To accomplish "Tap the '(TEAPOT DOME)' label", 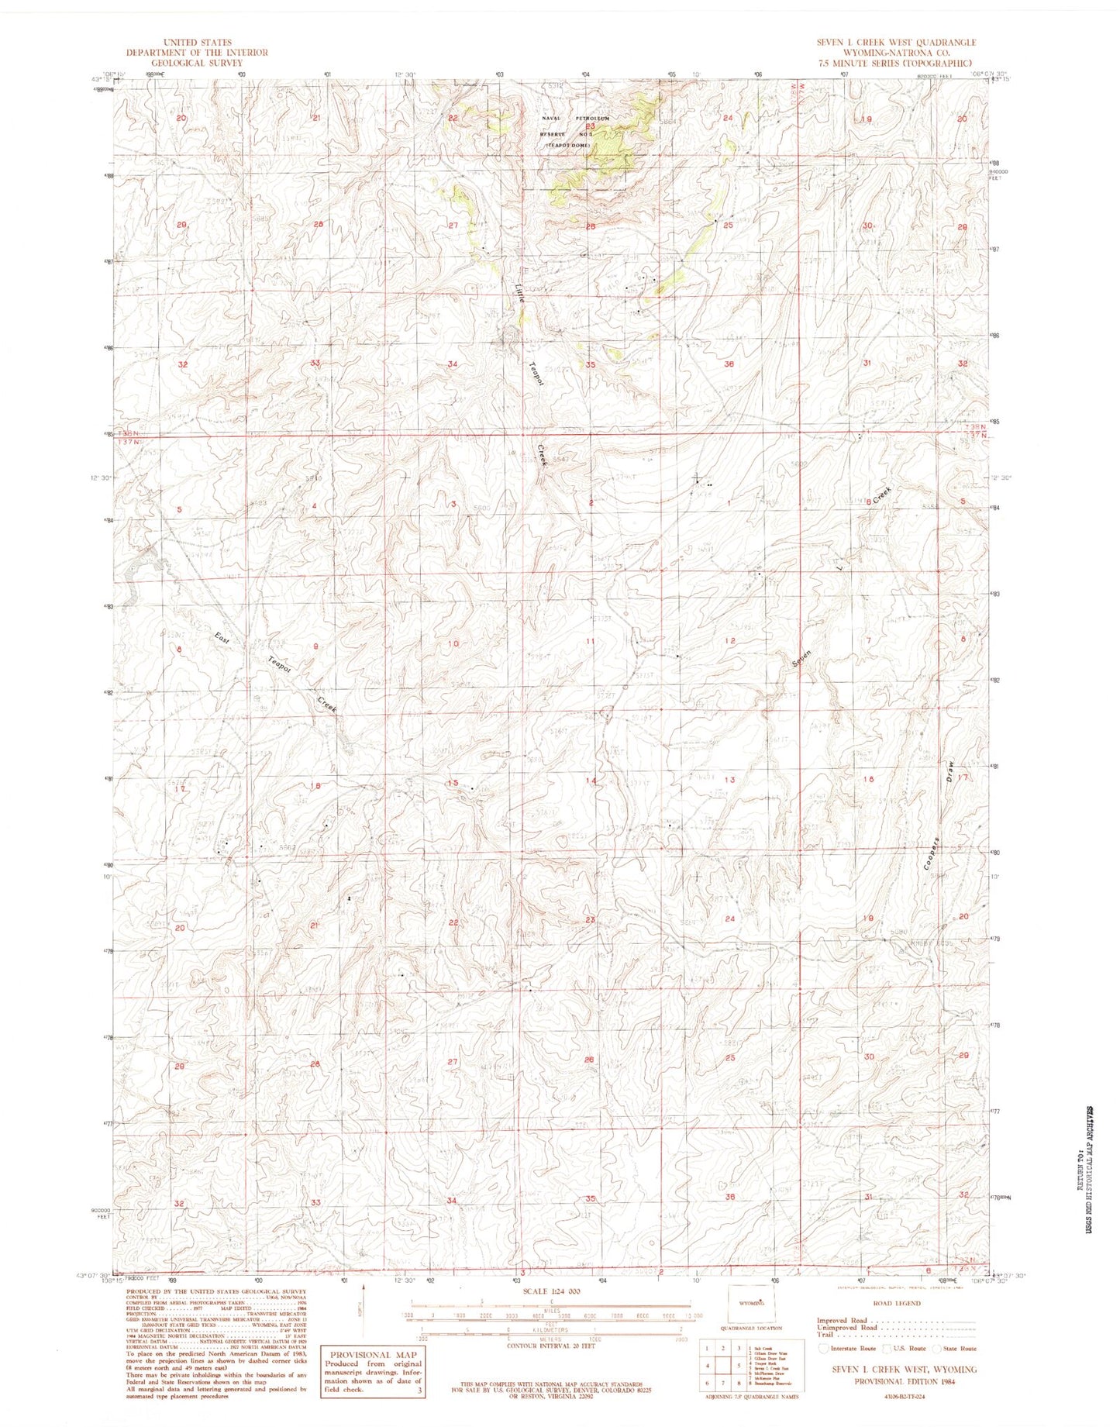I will coord(567,145).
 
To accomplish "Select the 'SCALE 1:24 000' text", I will coord(552,1291).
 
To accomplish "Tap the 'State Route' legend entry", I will coord(959,1348).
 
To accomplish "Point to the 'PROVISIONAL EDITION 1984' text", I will coord(896,1381).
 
